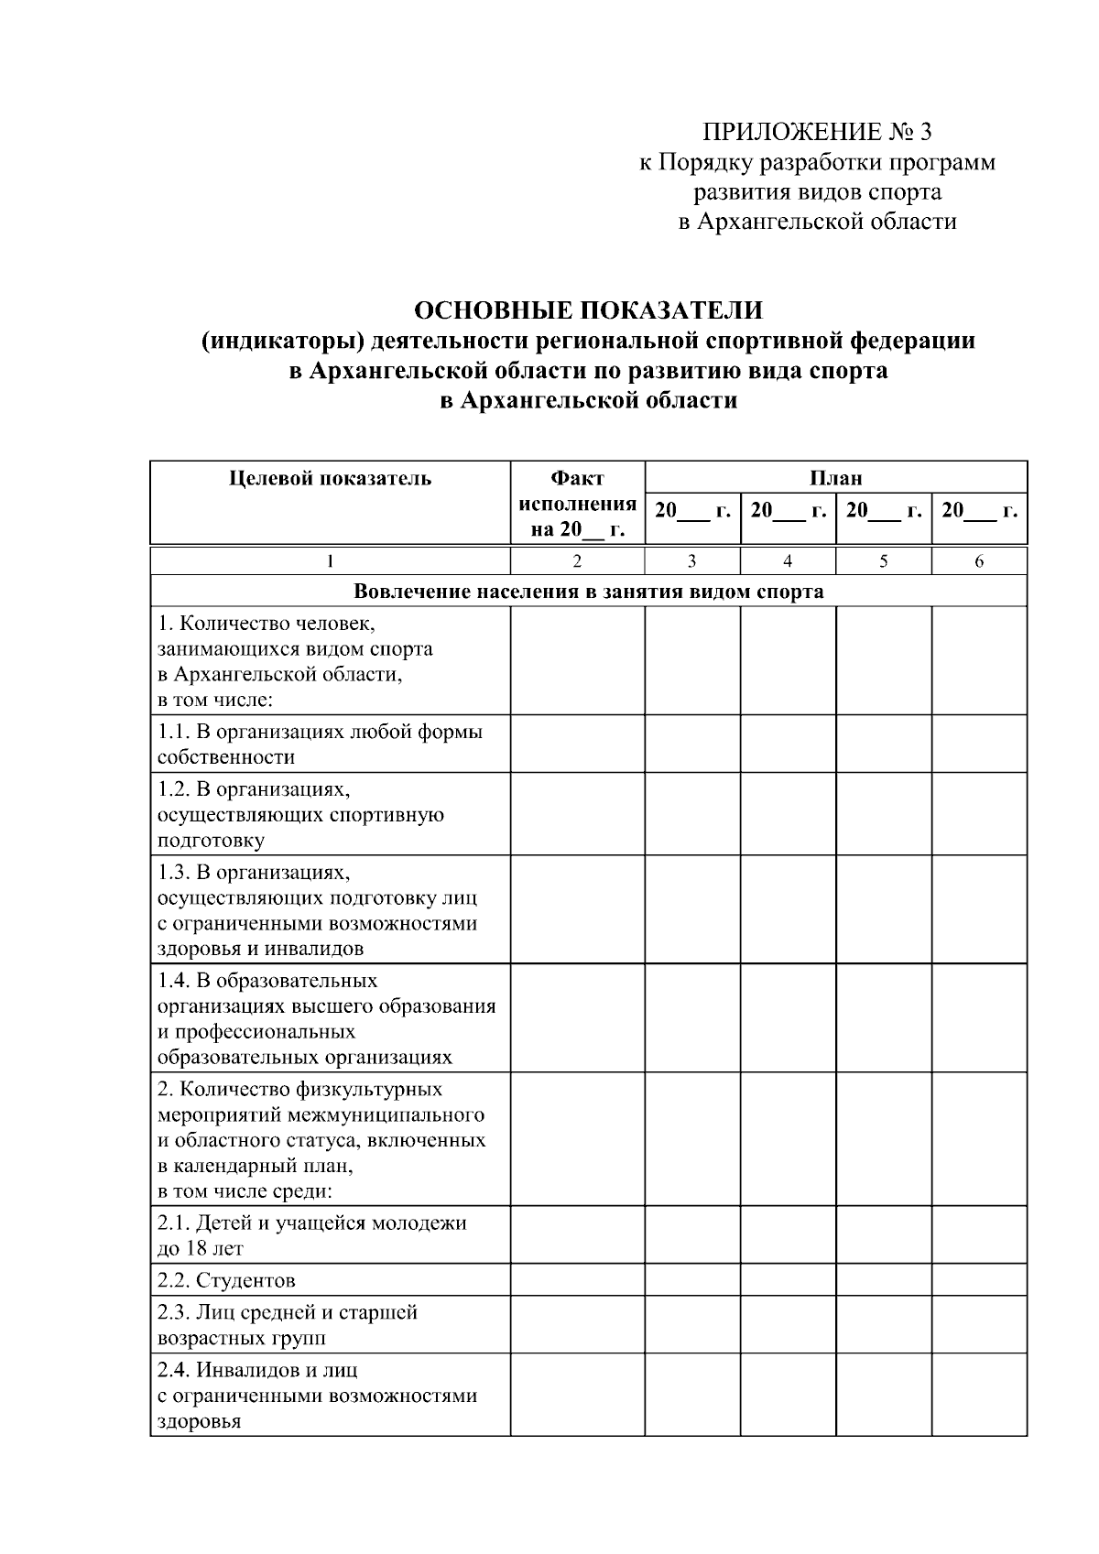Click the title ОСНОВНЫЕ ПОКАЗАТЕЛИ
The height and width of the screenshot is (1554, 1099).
pyautogui.click(x=588, y=310)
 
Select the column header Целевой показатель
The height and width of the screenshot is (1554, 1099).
pyautogui.click(x=330, y=478)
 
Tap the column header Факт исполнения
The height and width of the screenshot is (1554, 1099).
pyautogui.click(x=577, y=503)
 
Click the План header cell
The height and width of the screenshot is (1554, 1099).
pyautogui.click(x=835, y=477)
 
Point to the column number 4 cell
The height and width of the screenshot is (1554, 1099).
pyautogui.click(x=788, y=561)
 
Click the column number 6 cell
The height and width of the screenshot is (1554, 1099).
pyautogui.click(x=979, y=561)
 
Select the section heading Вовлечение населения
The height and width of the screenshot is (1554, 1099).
pyautogui.click(x=588, y=592)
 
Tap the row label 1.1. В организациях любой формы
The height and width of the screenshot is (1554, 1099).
pyautogui.click(x=320, y=744)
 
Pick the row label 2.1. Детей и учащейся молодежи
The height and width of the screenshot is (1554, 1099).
pyautogui.click(x=311, y=1234)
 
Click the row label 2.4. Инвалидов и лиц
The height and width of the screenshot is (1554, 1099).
pyautogui.click(x=316, y=1395)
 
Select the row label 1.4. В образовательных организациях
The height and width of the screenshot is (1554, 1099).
pyautogui.click(x=325, y=1018)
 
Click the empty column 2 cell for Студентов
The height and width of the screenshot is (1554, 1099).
pyautogui.click(x=577, y=1280)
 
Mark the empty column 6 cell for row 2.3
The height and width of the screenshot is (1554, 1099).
pyautogui.click(x=979, y=1324)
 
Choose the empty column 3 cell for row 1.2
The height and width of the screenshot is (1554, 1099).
pyautogui.click(x=692, y=814)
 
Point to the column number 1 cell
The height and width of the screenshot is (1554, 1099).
pyautogui.click(x=330, y=561)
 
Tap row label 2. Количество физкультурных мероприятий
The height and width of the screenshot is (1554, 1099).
pyautogui.click(x=321, y=1139)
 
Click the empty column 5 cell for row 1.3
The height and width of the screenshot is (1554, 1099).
pyautogui.click(x=884, y=909)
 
